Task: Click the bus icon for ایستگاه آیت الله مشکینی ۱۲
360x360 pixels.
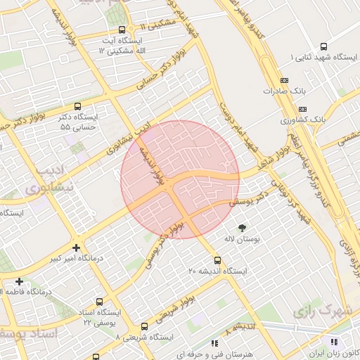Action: [123, 30]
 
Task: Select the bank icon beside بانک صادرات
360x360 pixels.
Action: [283, 80]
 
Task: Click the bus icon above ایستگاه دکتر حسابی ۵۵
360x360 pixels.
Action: [77, 106]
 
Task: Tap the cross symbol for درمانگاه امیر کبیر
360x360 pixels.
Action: [76, 247]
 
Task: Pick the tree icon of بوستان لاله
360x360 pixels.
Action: [243, 228]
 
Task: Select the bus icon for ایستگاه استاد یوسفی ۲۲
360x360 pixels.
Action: [99, 301]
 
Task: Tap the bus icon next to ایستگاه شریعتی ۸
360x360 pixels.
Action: [144, 326]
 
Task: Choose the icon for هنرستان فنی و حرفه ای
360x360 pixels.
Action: [214, 342]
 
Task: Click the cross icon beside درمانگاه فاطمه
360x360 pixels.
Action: [19, 282]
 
